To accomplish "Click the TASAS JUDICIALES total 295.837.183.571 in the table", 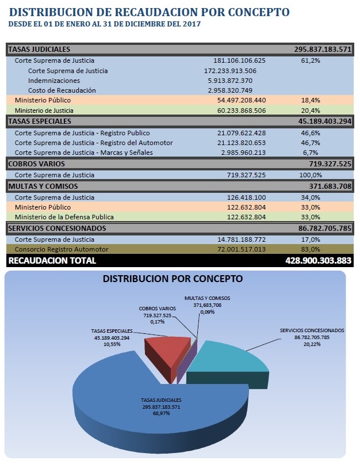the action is click(323, 50).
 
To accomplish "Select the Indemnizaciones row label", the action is click(54, 81).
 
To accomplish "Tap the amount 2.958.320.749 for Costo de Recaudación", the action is click(230, 90).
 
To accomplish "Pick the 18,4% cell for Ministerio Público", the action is click(311, 100).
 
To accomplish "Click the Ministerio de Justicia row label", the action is click(44, 111).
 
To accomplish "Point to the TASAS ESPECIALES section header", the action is click(40, 121).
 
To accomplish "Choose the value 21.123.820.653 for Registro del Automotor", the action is click(242, 143).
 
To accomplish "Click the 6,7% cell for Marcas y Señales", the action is click(311, 153).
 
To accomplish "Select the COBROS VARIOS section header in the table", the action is click(36, 164).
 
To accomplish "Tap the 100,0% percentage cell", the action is click(311, 175).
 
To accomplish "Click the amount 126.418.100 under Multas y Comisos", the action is click(246, 197).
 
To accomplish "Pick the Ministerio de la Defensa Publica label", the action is click(64, 217).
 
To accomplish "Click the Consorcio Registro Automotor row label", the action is click(62, 249).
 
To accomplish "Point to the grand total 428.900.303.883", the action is click(319, 260).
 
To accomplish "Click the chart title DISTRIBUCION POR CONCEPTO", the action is click(173, 279).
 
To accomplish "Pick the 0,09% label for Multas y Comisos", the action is click(207, 312).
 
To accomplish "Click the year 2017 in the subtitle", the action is click(192, 24).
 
